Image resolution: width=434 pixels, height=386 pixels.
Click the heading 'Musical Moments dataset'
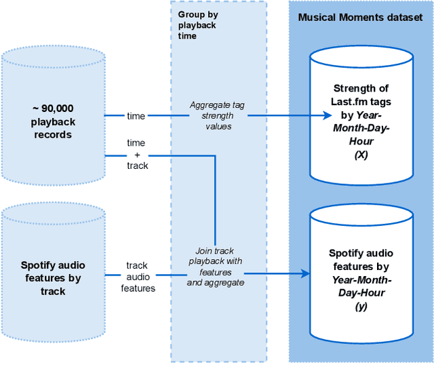point(360,17)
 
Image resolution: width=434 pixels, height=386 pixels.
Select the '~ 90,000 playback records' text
point(53,121)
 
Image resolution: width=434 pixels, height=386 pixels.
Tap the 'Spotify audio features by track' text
point(53,278)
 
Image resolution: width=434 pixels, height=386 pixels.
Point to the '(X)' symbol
point(361,155)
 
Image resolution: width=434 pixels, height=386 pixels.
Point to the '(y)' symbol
point(361,306)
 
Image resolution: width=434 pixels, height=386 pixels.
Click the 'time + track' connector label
point(136,154)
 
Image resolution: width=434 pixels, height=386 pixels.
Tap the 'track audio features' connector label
point(138,277)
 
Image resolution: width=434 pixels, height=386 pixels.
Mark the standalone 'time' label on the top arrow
point(136,116)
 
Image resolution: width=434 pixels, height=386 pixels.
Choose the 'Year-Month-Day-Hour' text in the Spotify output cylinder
point(361,286)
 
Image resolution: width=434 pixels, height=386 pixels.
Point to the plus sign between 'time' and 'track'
point(136,154)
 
